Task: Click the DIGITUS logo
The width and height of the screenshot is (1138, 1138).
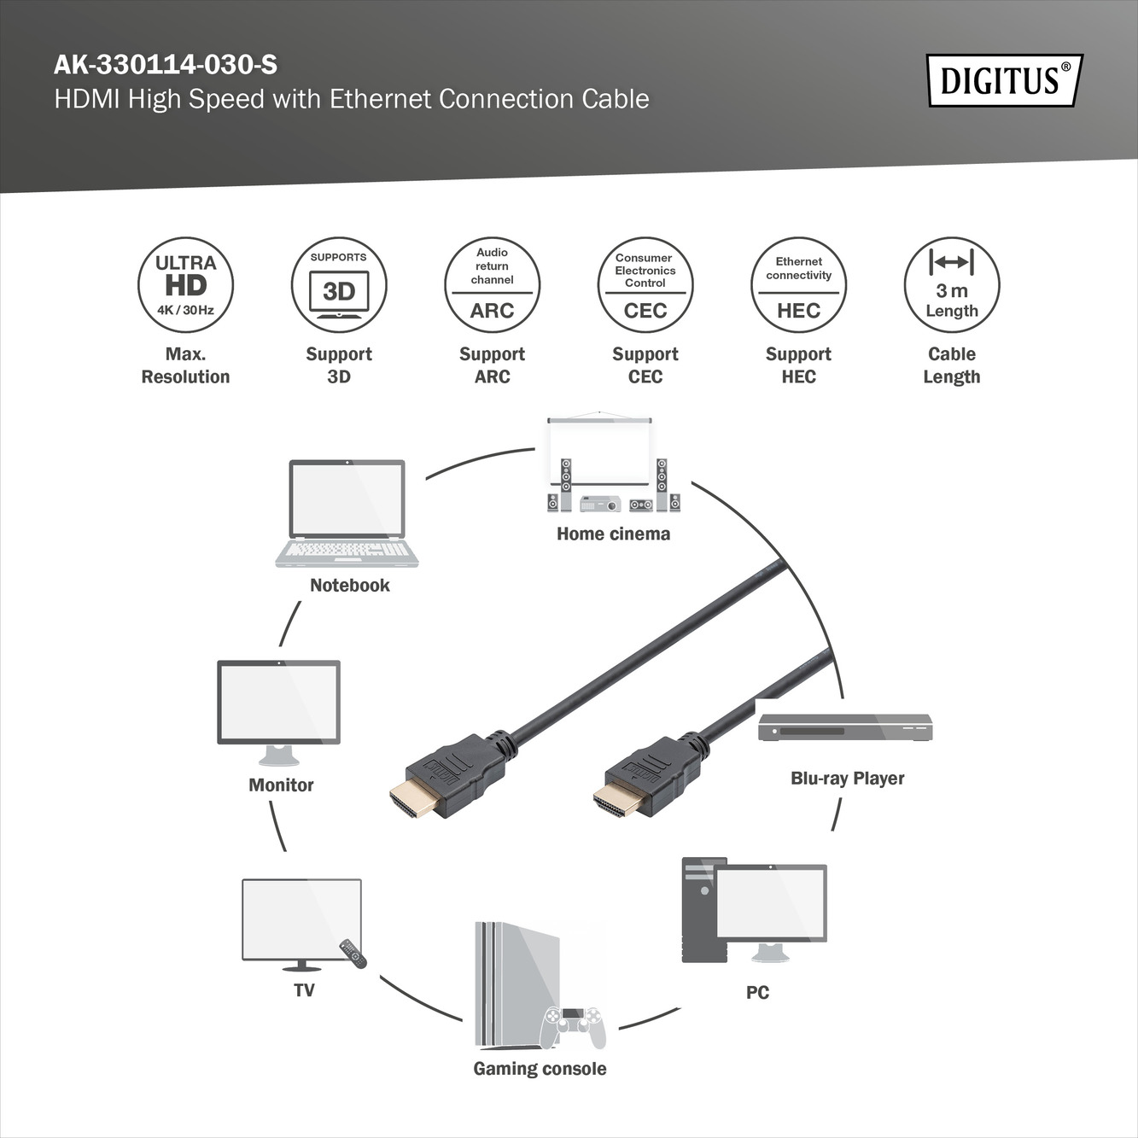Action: pyautogui.click(x=1004, y=81)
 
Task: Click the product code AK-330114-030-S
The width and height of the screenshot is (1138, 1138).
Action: pyautogui.click(x=166, y=65)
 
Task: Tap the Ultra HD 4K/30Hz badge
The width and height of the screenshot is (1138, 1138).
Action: pyautogui.click(x=185, y=285)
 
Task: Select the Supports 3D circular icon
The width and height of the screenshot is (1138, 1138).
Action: pyautogui.click(x=339, y=285)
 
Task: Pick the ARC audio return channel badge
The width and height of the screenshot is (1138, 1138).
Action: pyautogui.click(x=492, y=285)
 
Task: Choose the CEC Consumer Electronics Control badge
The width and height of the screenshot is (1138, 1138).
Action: pyautogui.click(x=645, y=285)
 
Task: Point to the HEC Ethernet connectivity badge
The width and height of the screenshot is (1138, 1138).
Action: pyautogui.click(x=798, y=285)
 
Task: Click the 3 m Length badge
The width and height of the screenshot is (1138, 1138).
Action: pyautogui.click(x=952, y=285)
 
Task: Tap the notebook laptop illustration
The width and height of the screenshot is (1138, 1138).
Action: pyautogui.click(x=347, y=513)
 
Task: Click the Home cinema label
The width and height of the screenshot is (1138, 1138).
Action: pyautogui.click(x=613, y=534)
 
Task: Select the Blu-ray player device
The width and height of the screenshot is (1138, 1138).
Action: pyautogui.click(x=845, y=727)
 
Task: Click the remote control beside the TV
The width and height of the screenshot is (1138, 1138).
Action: pyautogui.click(x=353, y=953)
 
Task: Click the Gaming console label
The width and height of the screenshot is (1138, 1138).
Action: pyautogui.click(x=540, y=1069)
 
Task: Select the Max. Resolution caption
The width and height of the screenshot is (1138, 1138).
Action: pyautogui.click(x=185, y=365)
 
